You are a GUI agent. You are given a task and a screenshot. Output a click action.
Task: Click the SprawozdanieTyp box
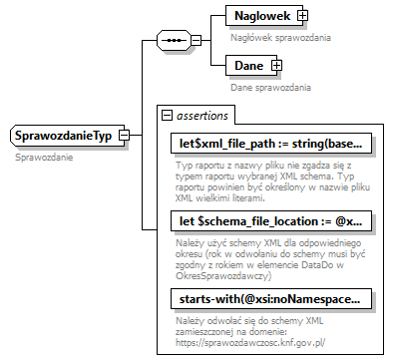click(x=61, y=135)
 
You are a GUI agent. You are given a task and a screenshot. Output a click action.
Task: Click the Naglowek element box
click(x=261, y=16)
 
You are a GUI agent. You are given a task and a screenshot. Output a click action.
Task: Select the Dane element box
click(x=248, y=66)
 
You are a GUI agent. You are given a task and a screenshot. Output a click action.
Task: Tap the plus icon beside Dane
click(x=277, y=66)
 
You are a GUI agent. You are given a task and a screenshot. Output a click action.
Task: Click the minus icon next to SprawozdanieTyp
click(x=124, y=135)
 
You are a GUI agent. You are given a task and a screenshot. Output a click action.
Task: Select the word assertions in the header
click(x=203, y=115)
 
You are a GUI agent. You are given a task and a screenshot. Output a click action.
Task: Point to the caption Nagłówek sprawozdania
click(x=280, y=37)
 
